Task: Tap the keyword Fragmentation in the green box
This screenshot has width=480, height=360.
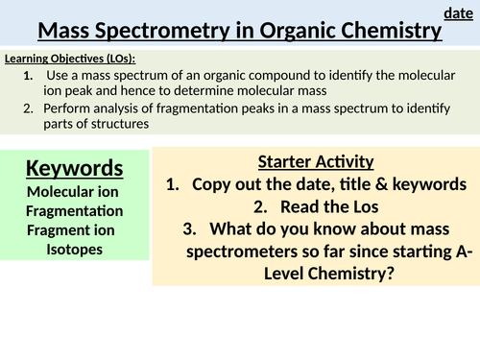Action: tap(74, 211)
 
